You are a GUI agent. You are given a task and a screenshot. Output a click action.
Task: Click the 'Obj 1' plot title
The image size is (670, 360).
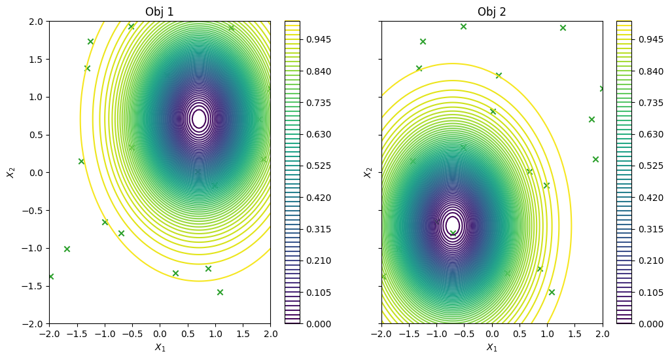[159, 12]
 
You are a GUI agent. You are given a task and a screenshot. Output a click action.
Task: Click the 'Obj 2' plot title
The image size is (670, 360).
[491, 12]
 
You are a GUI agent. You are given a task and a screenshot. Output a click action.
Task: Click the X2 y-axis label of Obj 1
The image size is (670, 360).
[10, 172]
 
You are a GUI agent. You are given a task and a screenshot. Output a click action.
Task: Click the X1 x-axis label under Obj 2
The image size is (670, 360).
[491, 348]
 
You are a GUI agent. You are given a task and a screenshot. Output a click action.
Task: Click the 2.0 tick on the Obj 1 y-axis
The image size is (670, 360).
[35, 21]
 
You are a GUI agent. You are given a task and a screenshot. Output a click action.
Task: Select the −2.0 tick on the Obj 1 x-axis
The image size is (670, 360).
[49, 334]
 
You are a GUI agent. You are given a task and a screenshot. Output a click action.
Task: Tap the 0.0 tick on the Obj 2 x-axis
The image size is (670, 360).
[492, 334]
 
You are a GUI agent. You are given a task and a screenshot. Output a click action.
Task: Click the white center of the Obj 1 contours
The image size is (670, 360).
[199, 118]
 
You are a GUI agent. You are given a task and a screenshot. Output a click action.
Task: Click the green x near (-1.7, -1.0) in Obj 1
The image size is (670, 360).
[67, 249]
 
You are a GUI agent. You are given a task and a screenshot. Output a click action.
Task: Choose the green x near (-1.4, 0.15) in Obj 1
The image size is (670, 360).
[81, 161]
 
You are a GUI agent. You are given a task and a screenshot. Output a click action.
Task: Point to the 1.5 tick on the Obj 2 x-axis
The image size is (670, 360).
[575, 334]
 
